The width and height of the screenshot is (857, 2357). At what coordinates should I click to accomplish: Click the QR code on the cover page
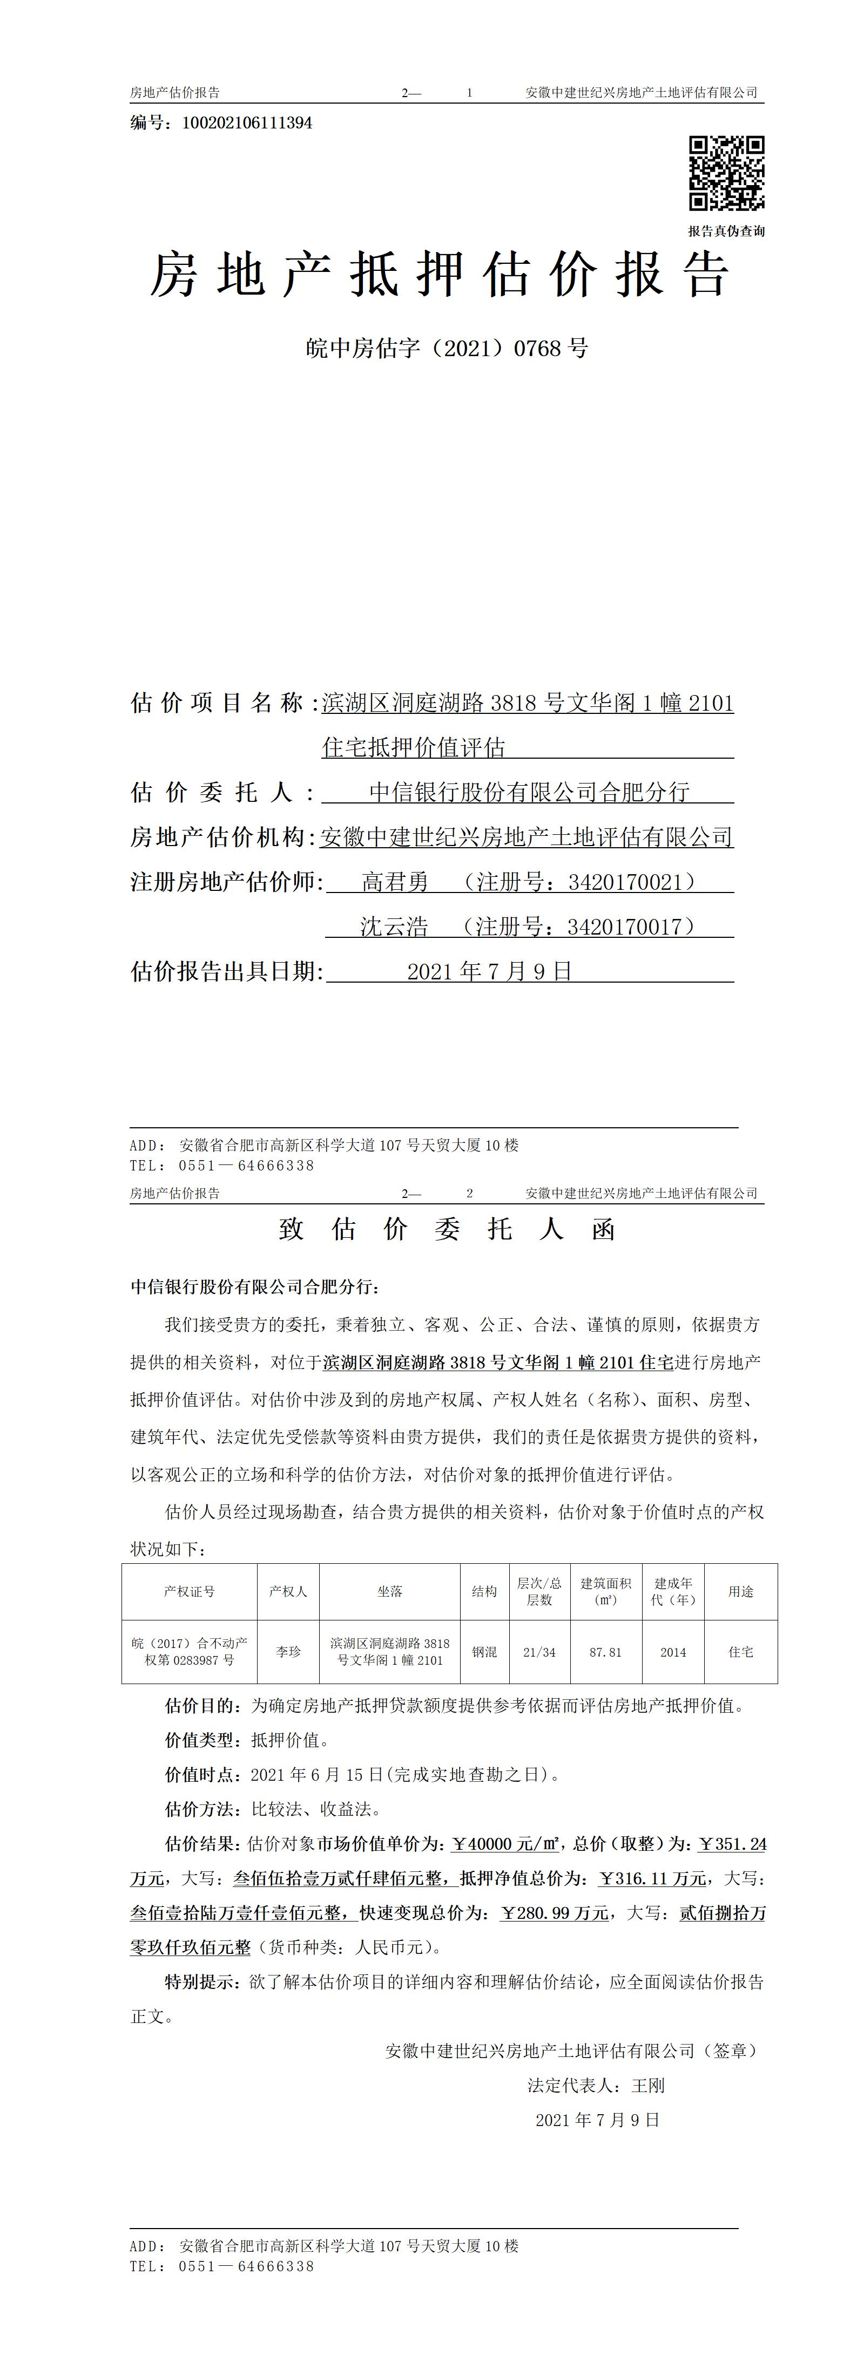click(x=726, y=173)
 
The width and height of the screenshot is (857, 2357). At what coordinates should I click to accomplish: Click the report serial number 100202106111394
click(x=247, y=122)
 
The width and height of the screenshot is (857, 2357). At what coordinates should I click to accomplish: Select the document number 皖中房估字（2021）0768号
click(x=446, y=349)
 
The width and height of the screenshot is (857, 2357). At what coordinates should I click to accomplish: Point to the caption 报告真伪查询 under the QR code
click(x=726, y=231)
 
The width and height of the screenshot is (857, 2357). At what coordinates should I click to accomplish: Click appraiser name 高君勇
click(x=395, y=882)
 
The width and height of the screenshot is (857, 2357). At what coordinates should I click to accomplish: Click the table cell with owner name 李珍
click(x=288, y=1652)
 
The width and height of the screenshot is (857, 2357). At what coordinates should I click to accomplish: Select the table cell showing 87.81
click(x=605, y=1652)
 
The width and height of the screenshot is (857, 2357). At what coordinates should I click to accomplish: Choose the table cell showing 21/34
click(x=539, y=1652)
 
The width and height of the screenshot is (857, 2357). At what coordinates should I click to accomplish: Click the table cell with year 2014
click(x=673, y=1652)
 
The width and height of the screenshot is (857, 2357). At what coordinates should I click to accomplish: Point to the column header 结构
click(x=484, y=1591)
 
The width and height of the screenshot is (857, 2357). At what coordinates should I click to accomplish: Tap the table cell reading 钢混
click(x=484, y=1652)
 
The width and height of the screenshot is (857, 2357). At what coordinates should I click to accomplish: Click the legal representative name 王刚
click(x=648, y=2085)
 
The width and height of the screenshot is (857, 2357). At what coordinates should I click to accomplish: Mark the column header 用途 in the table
click(x=741, y=1591)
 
